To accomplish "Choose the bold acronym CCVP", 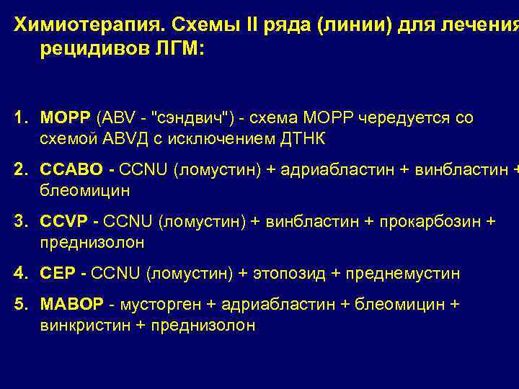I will coord(65,223).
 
